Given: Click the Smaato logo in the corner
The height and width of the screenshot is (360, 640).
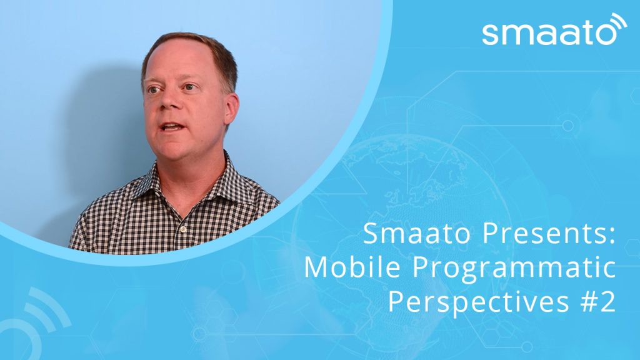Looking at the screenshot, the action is point(554,29).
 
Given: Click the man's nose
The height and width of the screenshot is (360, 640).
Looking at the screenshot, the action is point(168,99).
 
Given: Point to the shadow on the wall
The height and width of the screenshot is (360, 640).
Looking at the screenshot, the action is point(98,135).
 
